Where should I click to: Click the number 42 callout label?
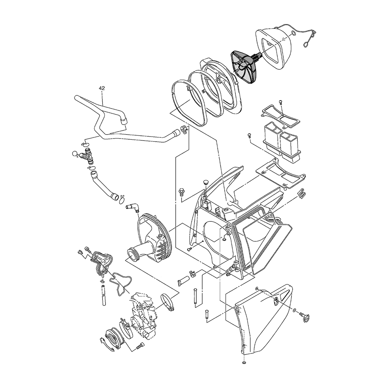pyautogui.click(x=102, y=88)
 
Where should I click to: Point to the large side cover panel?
pyautogui.click(x=262, y=319)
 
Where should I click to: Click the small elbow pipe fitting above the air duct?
pyautogui.click(x=132, y=208)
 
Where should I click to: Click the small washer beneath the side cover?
pyautogui.click(x=244, y=362)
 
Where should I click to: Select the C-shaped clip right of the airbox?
pyautogui.click(x=301, y=193)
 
